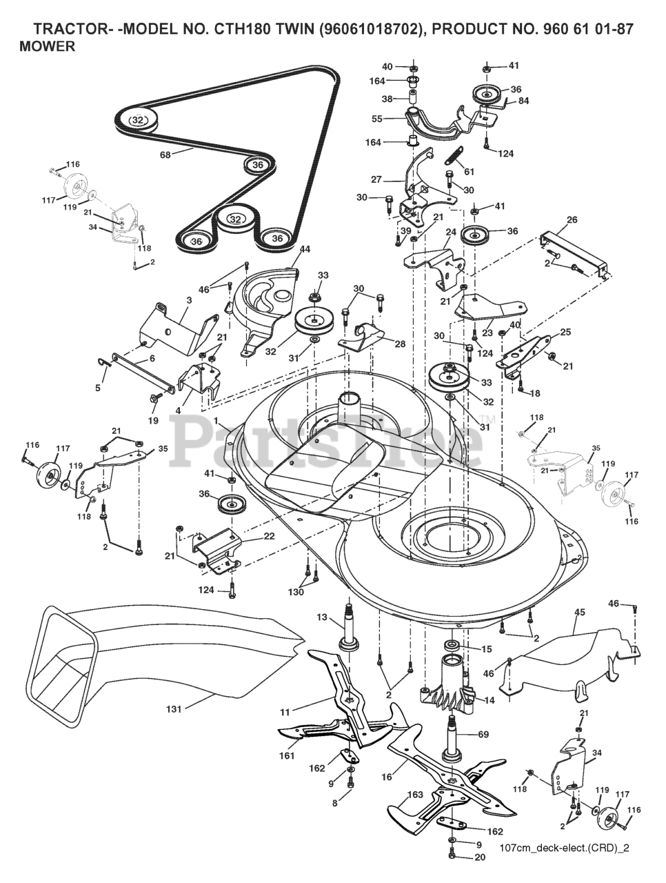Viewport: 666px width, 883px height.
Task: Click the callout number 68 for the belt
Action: click(x=165, y=155)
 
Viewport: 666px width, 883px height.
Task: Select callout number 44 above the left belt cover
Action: click(x=305, y=248)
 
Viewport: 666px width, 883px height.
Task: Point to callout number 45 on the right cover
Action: click(x=580, y=612)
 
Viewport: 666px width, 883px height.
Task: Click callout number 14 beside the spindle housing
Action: click(x=490, y=700)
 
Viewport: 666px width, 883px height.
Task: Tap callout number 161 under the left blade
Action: click(x=287, y=756)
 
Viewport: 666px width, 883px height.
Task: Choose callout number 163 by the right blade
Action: click(x=414, y=795)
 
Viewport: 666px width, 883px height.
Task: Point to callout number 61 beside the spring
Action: click(x=469, y=171)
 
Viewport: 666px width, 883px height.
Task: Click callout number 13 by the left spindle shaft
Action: click(x=321, y=617)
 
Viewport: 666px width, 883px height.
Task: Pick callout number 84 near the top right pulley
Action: click(x=524, y=101)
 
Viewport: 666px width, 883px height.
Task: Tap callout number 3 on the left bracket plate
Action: click(x=170, y=301)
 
